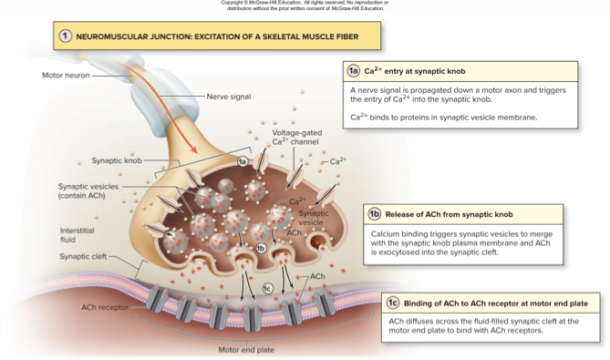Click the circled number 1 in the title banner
pos(66,36)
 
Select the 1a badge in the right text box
pos(354,70)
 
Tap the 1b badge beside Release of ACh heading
pos(374,214)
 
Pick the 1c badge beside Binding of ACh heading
pos(392,303)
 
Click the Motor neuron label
pos(65,75)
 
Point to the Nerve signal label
pos(229,95)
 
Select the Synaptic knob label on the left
pos(116,160)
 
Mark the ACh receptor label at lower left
pos(105,307)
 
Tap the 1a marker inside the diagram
pos(243,161)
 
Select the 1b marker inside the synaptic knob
pos(261,248)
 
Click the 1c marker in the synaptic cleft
pos(267,289)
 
